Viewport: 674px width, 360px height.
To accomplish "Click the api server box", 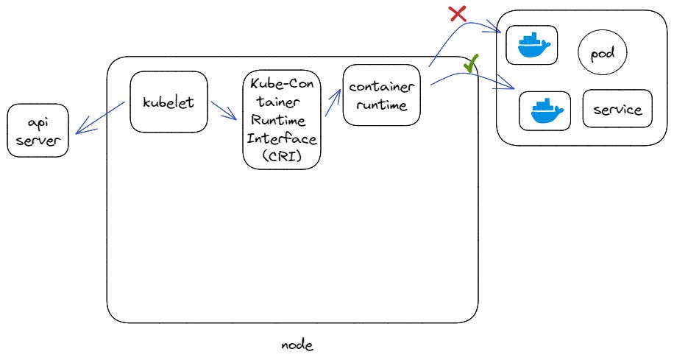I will (38, 130).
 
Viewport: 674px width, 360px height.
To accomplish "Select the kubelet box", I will (168, 102).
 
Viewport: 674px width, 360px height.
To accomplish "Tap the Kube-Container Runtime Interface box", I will (282, 121).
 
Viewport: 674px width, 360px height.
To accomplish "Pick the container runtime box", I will (381, 95).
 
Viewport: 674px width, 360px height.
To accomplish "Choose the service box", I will (617, 110).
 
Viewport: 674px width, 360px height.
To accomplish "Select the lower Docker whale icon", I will (545, 111).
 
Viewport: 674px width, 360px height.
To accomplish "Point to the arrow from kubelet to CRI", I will (223, 110).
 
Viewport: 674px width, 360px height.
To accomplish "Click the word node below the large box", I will (297, 345).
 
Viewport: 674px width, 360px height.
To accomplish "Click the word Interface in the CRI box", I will (282, 138).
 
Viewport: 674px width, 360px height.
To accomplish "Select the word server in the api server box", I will (38, 140).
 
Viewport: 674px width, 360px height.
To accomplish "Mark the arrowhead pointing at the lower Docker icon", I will (509, 88).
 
